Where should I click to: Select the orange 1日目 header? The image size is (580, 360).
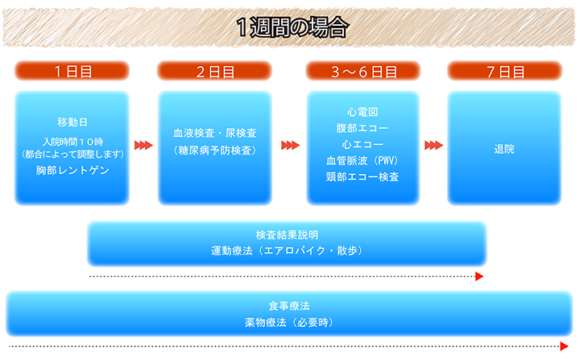click(72, 71)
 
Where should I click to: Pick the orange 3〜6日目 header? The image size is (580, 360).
click(363, 71)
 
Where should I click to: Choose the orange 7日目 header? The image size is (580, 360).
click(505, 71)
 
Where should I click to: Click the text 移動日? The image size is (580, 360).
click(72, 122)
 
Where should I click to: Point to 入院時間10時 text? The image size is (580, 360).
click(72, 141)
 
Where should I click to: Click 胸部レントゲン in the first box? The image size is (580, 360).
click(72, 171)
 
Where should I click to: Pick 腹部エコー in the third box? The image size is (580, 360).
click(362, 128)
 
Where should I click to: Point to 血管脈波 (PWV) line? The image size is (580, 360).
click(362, 160)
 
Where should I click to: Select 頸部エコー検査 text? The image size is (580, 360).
click(362, 176)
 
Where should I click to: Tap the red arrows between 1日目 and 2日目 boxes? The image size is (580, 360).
click(143, 146)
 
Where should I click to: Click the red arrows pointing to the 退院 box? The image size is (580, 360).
click(433, 146)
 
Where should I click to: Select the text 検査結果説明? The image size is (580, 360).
click(287, 234)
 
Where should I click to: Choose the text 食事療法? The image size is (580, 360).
click(289, 306)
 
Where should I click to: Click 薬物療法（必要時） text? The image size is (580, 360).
click(289, 322)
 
